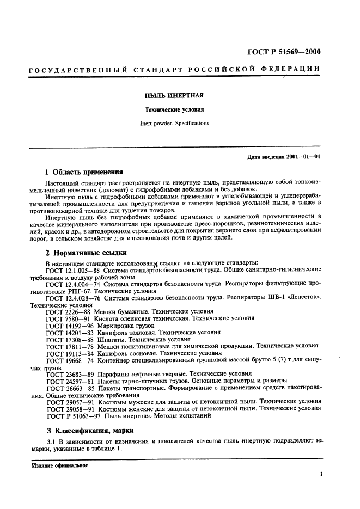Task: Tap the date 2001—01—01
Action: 303,157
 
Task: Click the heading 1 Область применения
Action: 84,170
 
